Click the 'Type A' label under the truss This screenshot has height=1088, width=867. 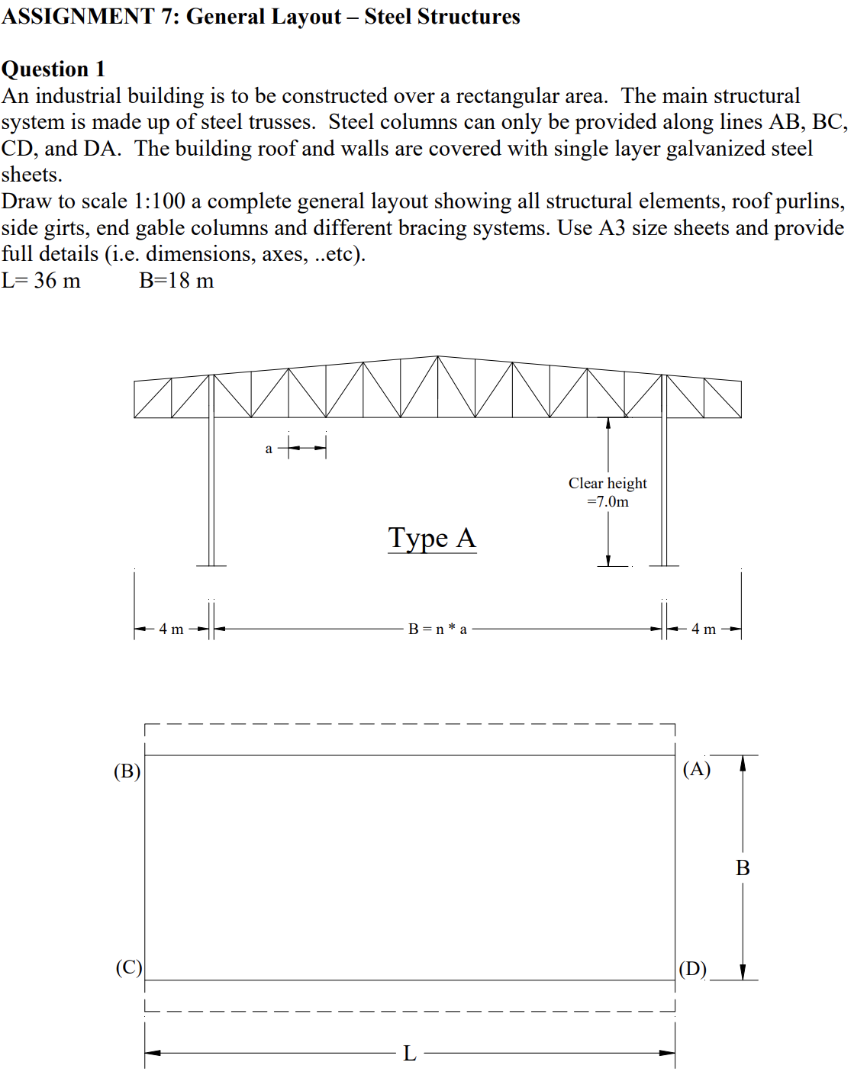(x=432, y=538)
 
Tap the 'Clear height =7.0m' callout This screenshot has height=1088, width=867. (x=608, y=492)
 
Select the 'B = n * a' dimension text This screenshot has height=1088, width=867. (x=437, y=629)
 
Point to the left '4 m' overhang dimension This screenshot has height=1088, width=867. (x=171, y=629)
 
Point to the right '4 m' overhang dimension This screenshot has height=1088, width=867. (x=703, y=629)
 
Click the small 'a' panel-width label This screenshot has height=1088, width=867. (x=269, y=449)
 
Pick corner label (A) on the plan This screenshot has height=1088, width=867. (x=696, y=768)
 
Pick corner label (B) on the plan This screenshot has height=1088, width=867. (x=127, y=771)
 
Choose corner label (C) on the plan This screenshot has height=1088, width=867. (x=128, y=967)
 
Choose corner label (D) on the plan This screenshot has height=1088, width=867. (x=692, y=969)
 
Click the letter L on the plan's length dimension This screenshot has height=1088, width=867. (x=410, y=1054)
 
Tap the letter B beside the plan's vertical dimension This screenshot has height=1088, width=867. (x=743, y=868)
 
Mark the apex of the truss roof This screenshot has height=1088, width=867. (x=437, y=356)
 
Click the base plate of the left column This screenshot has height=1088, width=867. (x=211, y=565)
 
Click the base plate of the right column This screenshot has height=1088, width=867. (x=664, y=565)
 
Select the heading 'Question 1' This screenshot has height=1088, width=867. (x=53, y=69)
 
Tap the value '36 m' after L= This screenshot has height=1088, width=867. (x=57, y=281)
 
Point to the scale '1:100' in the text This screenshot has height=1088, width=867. (x=160, y=201)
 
